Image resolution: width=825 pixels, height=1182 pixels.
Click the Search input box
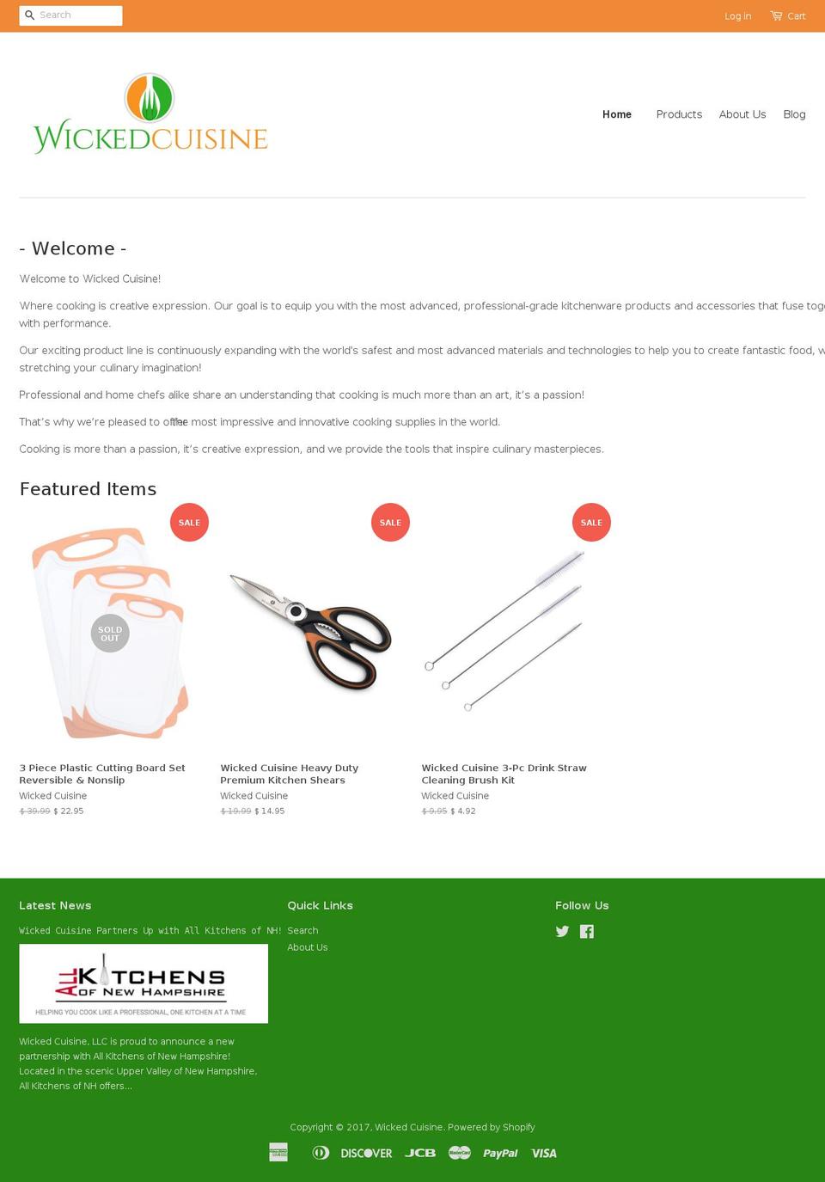(77, 15)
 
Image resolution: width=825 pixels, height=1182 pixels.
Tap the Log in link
(737, 16)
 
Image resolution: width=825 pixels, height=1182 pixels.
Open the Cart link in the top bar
(788, 16)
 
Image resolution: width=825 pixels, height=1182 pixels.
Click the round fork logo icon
(150, 98)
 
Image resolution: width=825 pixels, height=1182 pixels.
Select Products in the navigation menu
(679, 114)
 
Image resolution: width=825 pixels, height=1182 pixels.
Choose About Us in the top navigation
(742, 114)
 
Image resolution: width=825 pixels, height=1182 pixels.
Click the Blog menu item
(794, 114)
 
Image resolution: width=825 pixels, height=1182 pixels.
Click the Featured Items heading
(88, 489)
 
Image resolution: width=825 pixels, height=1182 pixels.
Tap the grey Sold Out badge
(110, 634)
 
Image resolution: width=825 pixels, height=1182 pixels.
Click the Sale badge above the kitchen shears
(390, 523)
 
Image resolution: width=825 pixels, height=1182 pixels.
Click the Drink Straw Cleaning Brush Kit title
(504, 774)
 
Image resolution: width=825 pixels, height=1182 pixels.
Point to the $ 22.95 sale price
(69, 811)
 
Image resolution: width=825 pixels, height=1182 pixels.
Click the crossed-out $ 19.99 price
(235, 811)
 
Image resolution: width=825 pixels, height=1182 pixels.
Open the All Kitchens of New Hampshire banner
(144, 983)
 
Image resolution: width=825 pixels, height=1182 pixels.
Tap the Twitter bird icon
(562, 931)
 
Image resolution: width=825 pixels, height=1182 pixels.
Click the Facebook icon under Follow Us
(587, 931)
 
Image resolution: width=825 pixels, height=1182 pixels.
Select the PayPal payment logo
(500, 1154)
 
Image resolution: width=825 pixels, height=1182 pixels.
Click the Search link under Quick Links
(302, 930)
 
